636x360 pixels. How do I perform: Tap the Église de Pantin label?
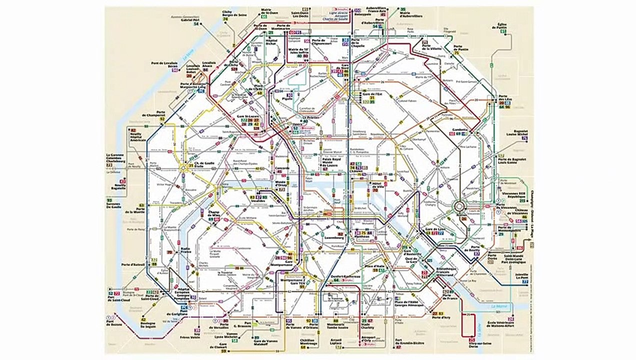(x=502, y=26)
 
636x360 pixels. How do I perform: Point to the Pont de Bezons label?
(x=115, y=326)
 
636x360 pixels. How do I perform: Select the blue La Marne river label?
(x=499, y=306)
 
